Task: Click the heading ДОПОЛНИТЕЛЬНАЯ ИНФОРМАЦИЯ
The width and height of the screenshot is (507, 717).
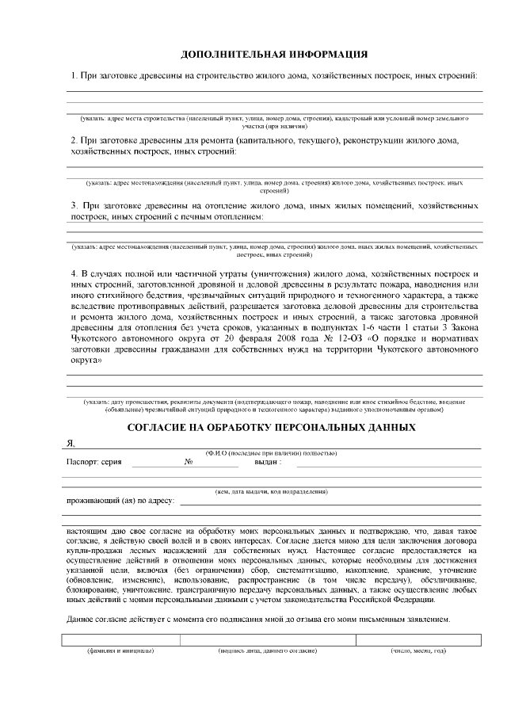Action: tap(274, 55)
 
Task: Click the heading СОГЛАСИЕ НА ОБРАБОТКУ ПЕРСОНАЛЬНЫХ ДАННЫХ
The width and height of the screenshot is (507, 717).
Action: tap(272, 426)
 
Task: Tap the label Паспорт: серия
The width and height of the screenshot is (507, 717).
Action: tap(93, 461)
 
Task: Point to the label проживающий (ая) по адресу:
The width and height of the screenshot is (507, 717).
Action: tap(120, 501)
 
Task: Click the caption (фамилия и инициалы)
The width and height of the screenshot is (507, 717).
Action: tap(120, 650)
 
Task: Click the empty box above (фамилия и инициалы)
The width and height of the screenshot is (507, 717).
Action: tap(120, 639)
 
